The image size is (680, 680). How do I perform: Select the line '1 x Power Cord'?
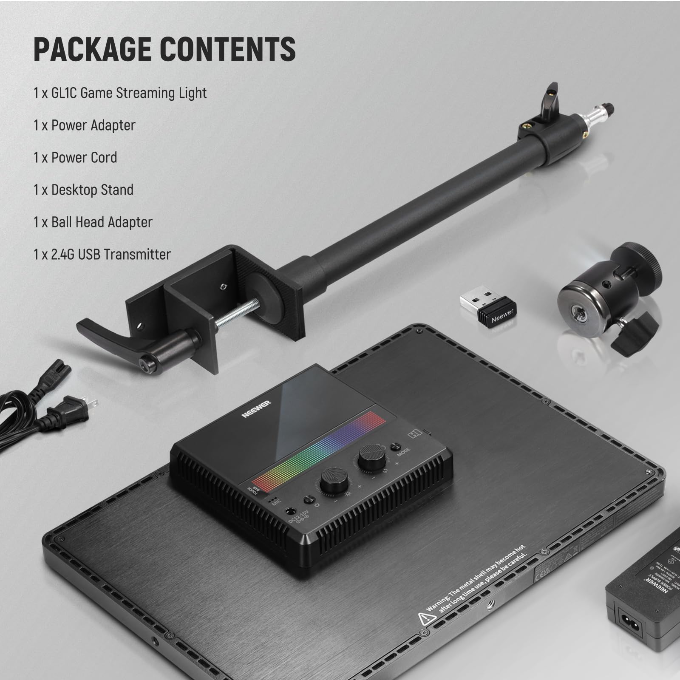click(x=75, y=158)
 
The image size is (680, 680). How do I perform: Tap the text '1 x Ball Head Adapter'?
click(x=93, y=222)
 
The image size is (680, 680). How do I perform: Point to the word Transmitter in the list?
click(x=137, y=255)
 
